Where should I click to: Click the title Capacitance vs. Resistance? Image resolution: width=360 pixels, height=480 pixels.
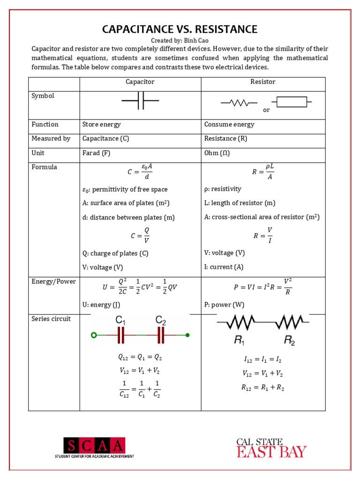pos(180,30)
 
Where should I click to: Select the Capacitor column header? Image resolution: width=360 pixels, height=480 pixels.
pos(140,82)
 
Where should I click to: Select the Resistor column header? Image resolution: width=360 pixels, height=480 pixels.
pos(263,82)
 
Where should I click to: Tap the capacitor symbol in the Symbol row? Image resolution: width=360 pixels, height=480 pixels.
pos(140,100)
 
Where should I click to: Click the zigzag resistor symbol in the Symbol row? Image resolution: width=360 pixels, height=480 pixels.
pos(239,102)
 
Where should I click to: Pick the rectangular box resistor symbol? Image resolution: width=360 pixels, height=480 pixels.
pos(292,102)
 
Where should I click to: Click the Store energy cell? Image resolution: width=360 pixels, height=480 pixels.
pos(101,125)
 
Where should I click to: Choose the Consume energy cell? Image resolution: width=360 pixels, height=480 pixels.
pos(229,125)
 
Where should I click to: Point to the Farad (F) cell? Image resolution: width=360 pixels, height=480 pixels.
pos(96,153)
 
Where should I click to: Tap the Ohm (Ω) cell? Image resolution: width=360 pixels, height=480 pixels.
pos(217,153)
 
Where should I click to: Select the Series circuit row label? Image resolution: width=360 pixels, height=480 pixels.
pos(51,319)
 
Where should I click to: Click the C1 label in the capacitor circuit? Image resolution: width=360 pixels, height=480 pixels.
pos(120,321)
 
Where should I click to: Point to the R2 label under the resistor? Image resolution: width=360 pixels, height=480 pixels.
pos(290,341)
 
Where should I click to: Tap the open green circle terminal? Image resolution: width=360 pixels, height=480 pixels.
pos(94,335)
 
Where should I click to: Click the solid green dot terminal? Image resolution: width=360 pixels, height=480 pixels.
pos(187,335)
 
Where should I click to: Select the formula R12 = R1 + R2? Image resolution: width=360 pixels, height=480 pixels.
pos(263,388)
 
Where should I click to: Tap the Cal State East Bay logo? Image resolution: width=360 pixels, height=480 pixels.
pos(271,448)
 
